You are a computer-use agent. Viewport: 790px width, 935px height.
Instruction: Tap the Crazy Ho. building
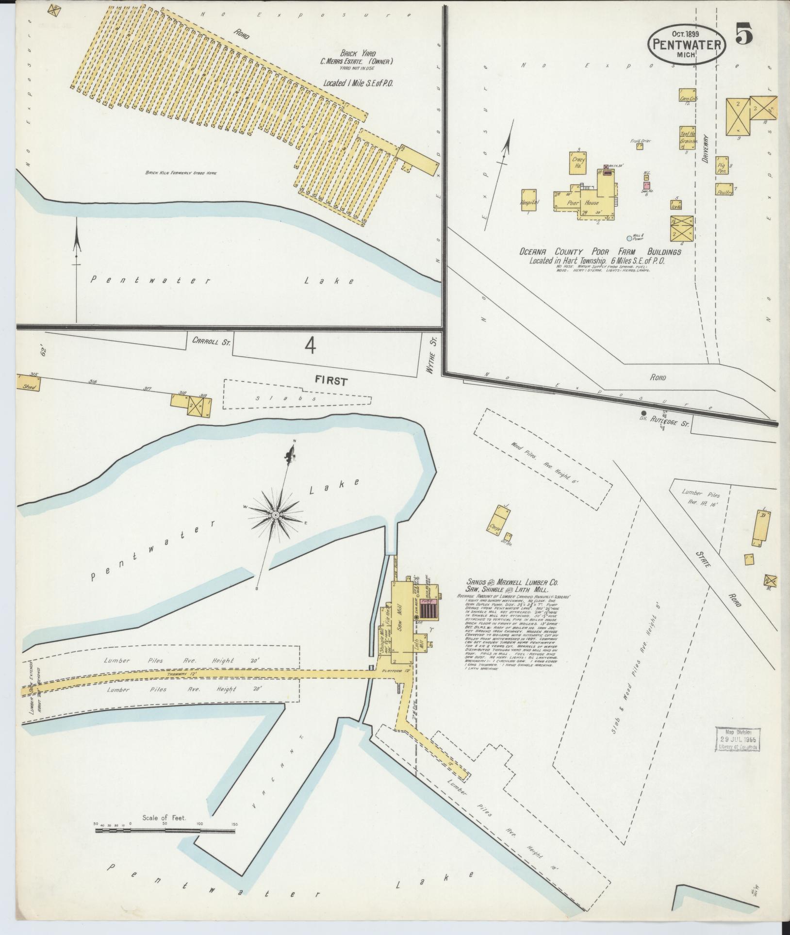[x=578, y=163]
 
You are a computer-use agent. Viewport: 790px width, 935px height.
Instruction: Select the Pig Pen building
[x=722, y=165]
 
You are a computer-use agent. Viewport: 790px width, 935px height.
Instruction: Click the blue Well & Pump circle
[x=629, y=238]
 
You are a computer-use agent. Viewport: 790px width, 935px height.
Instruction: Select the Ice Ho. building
[x=676, y=206]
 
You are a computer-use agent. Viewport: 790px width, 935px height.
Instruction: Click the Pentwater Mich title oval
[x=686, y=44]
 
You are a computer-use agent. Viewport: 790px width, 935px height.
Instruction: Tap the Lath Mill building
[x=421, y=642]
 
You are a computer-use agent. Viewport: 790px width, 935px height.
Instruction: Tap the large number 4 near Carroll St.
[x=311, y=345]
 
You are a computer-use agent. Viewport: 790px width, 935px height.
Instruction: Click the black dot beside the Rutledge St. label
[x=643, y=413]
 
